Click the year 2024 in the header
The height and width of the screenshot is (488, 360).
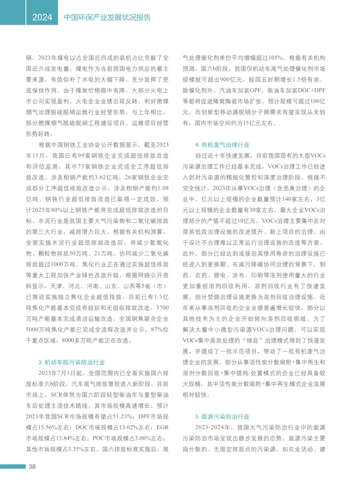(42, 17)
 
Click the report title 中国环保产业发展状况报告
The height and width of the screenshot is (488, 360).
(107, 17)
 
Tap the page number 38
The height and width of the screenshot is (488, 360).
(32, 467)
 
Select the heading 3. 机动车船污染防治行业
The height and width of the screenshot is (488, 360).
(72, 362)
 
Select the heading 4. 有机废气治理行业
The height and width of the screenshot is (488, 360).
(222, 145)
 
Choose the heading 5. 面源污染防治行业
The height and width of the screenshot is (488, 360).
(222, 417)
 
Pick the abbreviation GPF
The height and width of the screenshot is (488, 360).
(255, 91)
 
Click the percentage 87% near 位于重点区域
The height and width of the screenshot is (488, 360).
(156, 329)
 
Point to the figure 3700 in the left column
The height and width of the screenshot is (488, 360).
(162, 308)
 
